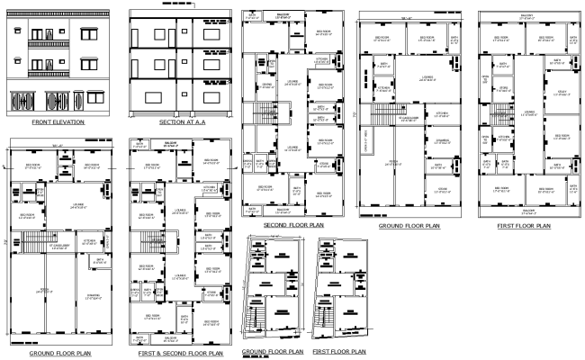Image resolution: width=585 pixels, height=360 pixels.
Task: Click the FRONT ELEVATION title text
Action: click(x=58, y=121)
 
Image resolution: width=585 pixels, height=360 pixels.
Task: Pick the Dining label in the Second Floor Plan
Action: click(x=266, y=85)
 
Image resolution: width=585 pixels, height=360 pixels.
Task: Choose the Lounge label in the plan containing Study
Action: click(x=529, y=112)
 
